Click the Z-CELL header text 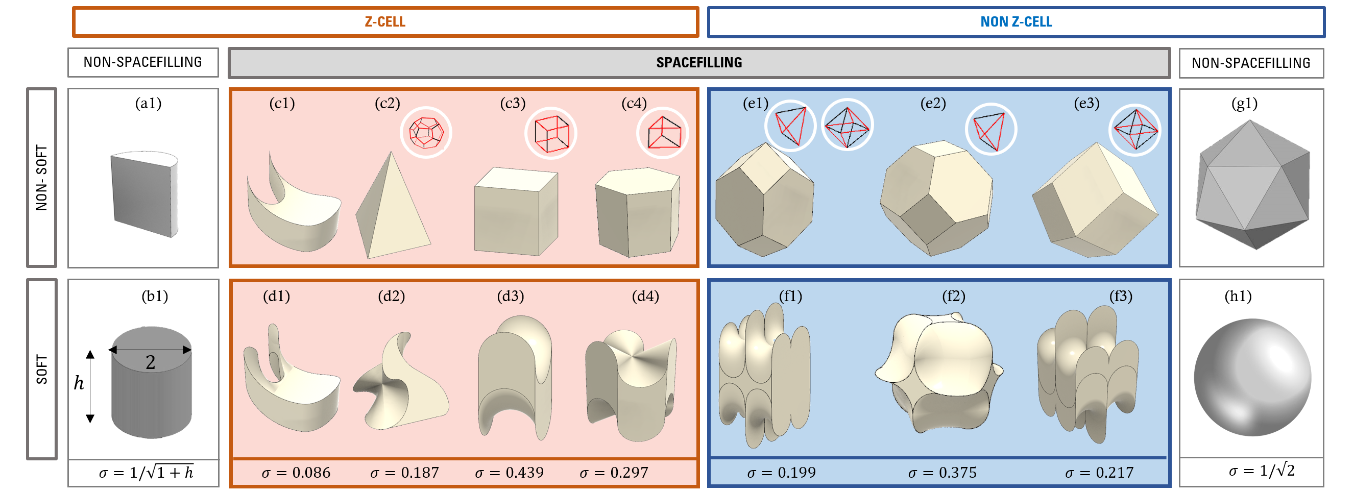click(x=385, y=22)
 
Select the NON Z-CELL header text click(x=1015, y=22)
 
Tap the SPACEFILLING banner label click(x=698, y=63)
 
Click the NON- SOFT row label click(x=41, y=178)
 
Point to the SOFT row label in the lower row click(x=41, y=369)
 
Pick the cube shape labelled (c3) click(x=515, y=211)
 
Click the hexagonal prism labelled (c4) click(x=637, y=212)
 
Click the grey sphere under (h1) click(x=1252, y=377)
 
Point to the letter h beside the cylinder click(x=79, y=383)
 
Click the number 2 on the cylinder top click(x=150, y=362)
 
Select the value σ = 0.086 click(x=296, y=473)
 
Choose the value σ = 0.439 click(x=509, y=473)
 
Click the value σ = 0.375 click(x=942, y=473)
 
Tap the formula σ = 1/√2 click(x=1261, y=471)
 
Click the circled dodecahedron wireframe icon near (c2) click(x=426, y=133)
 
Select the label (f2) click(x=954, y=296)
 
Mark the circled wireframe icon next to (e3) click(x=1135, y=129)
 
